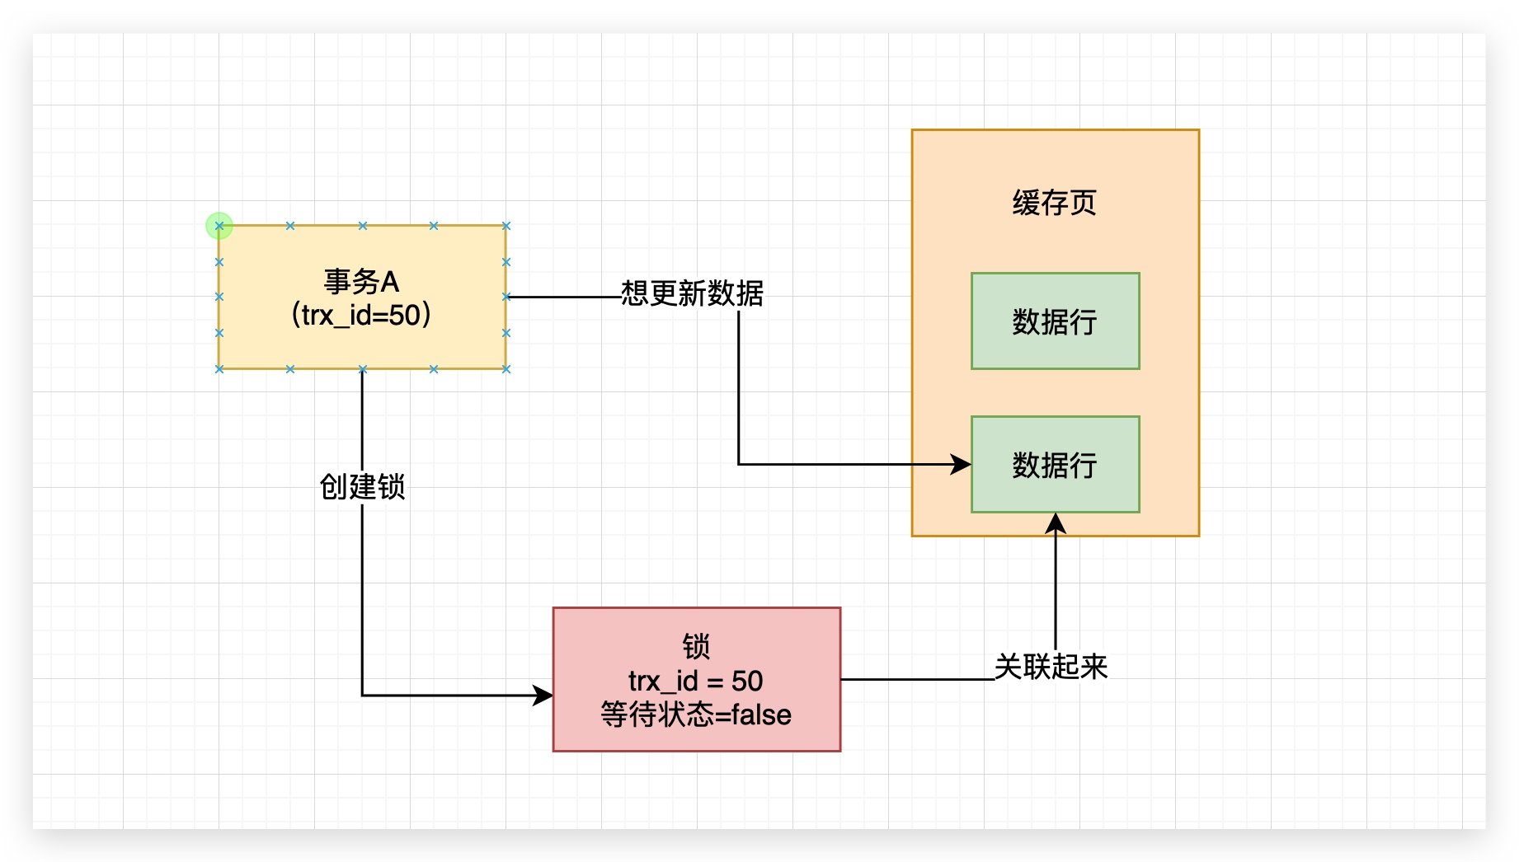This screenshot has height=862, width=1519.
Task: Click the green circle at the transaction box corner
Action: [x=219, y=226]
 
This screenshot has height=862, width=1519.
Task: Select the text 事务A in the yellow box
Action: [x=361, y=282]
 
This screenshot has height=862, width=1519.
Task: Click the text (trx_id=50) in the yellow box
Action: [x=361, y=315]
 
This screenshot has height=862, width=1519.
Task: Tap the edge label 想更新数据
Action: [x=692, y=293]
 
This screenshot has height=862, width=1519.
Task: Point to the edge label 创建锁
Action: [x=362, y=486]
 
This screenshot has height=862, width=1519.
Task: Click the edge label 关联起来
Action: [x=1051, y=666]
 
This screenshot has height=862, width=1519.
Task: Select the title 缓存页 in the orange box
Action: [x=1055, y=203]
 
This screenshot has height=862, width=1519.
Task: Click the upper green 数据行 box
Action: [x=1055, y=321]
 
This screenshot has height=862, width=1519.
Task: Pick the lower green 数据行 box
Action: [x=1055, y=465]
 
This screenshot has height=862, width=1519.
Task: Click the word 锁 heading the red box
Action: [x=696, y=646]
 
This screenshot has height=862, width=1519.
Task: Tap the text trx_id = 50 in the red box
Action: [x=695, y=681]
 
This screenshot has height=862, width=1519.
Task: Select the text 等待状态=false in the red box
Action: [x=695, y=714]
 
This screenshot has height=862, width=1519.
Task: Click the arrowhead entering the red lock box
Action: [x=543, y=696]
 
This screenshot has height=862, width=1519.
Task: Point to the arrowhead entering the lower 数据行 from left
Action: [x=962, y=465]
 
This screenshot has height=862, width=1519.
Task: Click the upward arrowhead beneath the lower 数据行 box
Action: [x=1056, y=522]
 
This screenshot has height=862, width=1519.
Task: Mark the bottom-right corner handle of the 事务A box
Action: [x=506, y=369]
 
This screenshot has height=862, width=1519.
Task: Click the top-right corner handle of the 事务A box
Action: [x=506, y=226]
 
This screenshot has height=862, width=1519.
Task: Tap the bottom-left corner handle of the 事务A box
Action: [x=219, y=369]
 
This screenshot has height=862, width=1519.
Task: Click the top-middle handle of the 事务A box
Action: [x=363, y=226]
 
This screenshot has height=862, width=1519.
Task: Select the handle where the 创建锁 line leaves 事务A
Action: [x=363, y=369]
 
